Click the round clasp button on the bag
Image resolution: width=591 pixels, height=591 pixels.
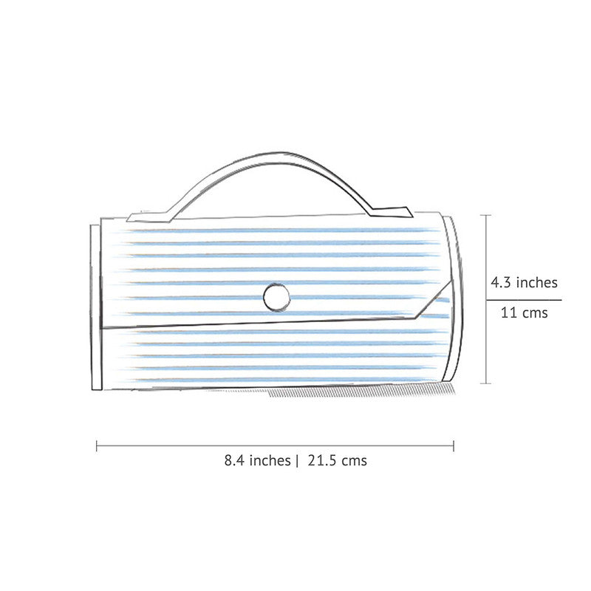(276, 297)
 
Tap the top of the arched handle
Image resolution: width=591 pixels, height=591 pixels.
(273, 154)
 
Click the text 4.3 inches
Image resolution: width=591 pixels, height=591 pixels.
(524, 281)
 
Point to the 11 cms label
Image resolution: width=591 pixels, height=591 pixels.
(524, 312)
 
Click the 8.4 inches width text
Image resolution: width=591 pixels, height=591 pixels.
(257, 460)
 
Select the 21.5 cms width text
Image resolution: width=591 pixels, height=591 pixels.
(337, 460)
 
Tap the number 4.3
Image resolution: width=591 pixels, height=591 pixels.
(502, 281)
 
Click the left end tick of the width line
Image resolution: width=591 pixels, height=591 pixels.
(97, 445)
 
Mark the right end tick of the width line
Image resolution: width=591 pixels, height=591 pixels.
(454, 445)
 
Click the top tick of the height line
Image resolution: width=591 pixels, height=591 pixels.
(485, 215)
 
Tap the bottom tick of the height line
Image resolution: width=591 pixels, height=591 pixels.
(485, 383)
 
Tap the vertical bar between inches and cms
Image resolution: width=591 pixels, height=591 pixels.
(297, 460)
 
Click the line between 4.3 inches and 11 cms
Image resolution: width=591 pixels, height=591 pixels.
(524, 300)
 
